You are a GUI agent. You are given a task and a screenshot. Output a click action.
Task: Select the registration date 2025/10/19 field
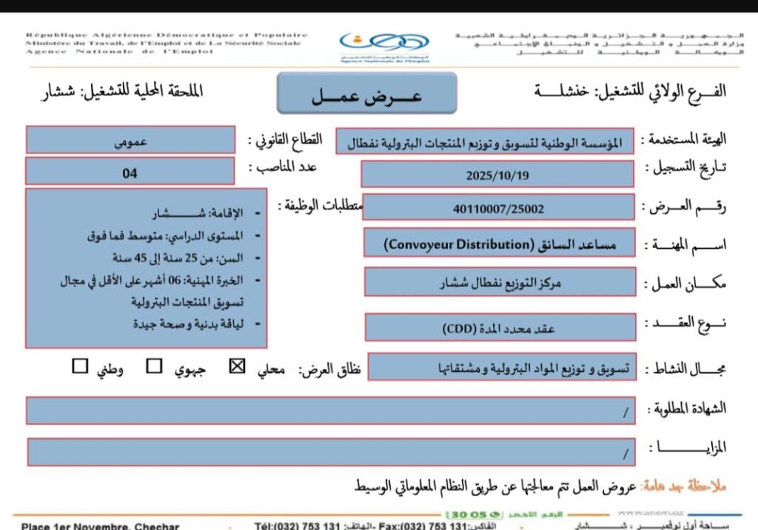point(497,175)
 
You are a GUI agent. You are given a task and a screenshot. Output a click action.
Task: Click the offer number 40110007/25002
point(498,209)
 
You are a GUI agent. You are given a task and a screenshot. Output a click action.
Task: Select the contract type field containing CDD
point(500,329)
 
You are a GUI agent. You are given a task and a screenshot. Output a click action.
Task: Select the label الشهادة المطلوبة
point(688,409)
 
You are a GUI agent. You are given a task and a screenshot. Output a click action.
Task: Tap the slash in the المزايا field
point(625,452)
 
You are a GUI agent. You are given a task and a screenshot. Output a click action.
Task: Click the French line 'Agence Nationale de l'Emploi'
point(119,51)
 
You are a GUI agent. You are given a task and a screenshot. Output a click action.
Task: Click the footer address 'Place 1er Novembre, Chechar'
point(100,526)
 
